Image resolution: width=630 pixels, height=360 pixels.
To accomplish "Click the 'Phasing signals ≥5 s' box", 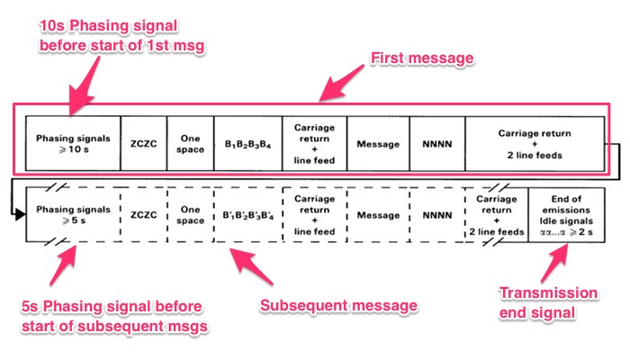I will (72, 215).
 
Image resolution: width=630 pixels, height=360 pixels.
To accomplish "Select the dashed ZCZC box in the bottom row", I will (143, 215).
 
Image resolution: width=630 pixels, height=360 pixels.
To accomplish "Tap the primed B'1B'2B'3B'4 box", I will (247, 215).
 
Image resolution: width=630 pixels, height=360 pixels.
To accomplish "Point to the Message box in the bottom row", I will (377, 215).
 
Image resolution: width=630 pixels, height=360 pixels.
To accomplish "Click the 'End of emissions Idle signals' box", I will (566, 215).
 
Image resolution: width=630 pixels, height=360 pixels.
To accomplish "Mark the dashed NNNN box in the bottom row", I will (436, 215).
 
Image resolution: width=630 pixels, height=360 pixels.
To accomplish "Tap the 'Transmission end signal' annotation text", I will (560, 301).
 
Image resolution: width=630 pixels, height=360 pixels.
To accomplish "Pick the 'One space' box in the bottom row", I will (191, 215).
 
